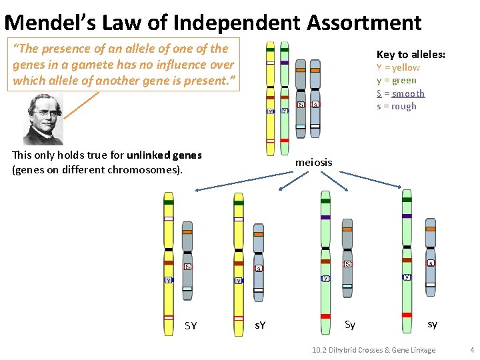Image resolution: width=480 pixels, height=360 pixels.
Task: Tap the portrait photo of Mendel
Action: click(43, 119)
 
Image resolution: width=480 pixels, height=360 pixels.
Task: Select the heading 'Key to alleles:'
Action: click(411, 55)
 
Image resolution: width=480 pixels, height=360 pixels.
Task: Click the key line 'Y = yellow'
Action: click(398, 67)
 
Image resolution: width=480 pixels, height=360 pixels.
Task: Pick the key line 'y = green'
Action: click(396, 81)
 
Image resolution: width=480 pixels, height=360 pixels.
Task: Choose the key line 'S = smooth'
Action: click(400, 93)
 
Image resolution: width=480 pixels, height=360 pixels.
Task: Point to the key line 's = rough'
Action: click(396, 106)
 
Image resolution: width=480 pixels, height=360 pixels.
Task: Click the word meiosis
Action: click(313, 162)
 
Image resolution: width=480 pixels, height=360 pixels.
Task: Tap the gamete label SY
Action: click(191, 326)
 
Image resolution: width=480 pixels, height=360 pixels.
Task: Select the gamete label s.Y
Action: click(261, 325)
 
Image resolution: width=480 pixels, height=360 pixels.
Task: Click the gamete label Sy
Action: click(350, 325)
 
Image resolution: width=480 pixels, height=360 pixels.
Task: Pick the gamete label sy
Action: click(432, 325)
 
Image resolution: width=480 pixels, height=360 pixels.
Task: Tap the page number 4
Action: click(471, 350)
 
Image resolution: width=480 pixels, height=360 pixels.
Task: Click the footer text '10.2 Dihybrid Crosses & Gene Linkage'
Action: click(374, 350)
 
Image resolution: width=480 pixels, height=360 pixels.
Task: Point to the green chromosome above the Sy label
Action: click(325, 253)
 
